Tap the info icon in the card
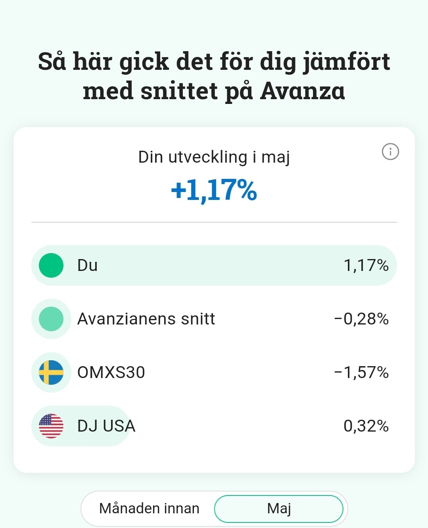coord(390,152)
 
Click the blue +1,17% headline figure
coord(214,190)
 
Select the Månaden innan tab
coord(149,508)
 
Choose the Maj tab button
coord(279,509)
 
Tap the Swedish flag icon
coord(51,372)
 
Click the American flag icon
coord(51,426)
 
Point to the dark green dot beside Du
coord(51,265)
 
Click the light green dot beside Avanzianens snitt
coord(51,319)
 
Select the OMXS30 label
coord(111,372)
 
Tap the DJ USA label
coord(106,426)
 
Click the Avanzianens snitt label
coord(146,319)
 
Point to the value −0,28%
coord(361,319)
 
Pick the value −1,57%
coord(361,372)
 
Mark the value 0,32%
coord(366,426)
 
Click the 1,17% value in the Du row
coord(366,265)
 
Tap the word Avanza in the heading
coord(303,91)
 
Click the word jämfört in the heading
coord(346,62)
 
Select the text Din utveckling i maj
coord(214,157)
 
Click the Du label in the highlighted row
coord(87,265)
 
